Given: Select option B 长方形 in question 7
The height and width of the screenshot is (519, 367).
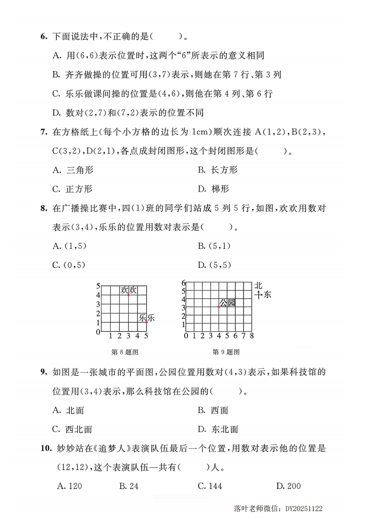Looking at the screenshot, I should (x=218, y=170).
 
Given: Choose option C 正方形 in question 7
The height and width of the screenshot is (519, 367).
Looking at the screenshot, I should (x=73, y=189).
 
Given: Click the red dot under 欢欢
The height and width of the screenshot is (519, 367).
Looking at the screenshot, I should (x=129, y=295).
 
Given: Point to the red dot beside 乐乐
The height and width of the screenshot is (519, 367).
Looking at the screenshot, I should (x=147, y=322).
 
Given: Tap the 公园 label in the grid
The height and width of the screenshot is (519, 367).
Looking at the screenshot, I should (x=227, y=303).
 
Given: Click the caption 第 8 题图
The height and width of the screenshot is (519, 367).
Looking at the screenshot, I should (x=125, y=352).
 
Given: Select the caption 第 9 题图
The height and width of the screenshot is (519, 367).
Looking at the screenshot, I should (x=226, y=352).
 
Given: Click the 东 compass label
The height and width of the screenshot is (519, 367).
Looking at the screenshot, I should (x=267, y=295).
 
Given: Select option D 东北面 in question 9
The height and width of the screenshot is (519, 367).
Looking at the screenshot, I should (x=218, y=429).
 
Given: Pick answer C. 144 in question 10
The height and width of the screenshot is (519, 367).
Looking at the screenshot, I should (x=210, y=486).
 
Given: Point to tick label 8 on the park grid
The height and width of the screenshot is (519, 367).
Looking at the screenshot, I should (x=252, y=335).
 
